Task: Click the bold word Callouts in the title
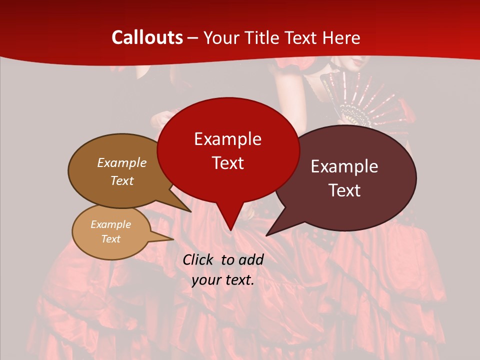click(x=147, y=37)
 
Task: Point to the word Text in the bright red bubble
click(x=227, y=162)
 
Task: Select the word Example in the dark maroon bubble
click(x=344, y=166)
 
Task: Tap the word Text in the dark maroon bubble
click(x=345, y=190)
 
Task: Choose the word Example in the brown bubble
click(x=121, y=162)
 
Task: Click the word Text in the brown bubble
click(x=121, y=180)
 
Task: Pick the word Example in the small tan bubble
click(x=110, y=224)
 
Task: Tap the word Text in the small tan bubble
click(x=110, y=239)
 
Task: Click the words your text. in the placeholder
click(x=223, y=280)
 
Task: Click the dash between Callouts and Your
click(x=193, y=38)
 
